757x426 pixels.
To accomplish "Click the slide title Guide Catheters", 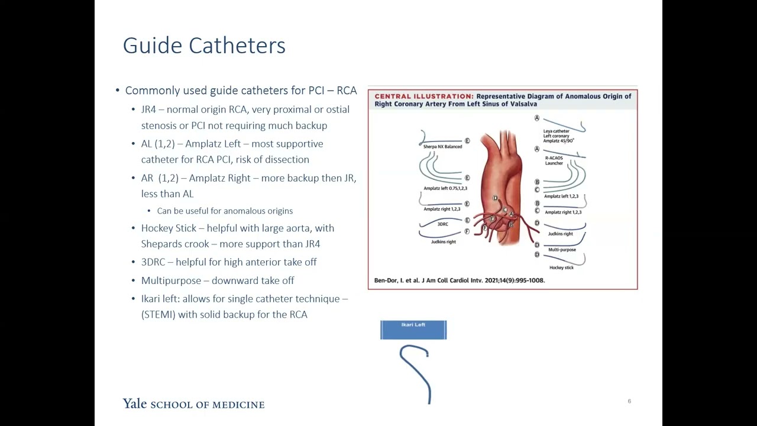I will [x=204, y=46].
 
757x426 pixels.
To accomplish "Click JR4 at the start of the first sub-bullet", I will [x=148, y=109].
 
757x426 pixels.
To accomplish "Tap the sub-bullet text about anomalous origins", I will [x=225, y=211].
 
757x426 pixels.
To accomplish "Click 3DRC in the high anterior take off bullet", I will [x=153, y=262].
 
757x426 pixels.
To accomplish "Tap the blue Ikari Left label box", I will [x=413, y=330].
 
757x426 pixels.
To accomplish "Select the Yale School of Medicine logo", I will [x=193, y=404].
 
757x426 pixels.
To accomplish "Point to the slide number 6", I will [x=629, y=401].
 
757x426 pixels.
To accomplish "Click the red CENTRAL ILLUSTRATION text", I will [x=423, y=96].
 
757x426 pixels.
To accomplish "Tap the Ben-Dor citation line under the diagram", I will [x=460, y=280].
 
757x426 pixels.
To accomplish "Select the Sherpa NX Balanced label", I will [x=442, y=147].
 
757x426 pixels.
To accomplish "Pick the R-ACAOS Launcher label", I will [x=554, y=160].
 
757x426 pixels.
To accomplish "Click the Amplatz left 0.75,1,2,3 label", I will [x=445, y=188].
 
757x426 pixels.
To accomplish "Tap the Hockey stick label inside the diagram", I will [x=561, y=267].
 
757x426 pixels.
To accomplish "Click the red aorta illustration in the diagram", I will [x=502, y=177].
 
